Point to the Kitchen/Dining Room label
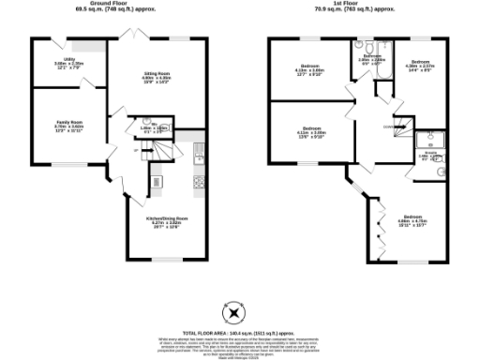(x=164, y=221)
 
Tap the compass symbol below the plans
(x=230, y=313)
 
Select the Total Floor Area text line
(x=240, y=333)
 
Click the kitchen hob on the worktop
(x=199, y=180)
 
